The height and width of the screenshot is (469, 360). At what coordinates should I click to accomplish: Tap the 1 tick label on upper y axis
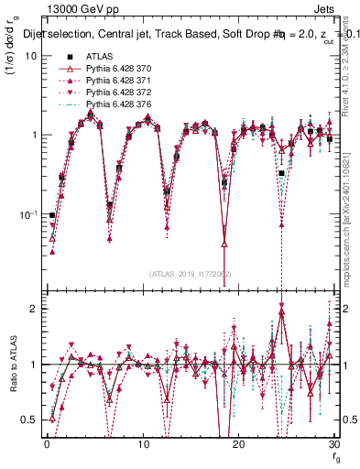[x=33, y=136]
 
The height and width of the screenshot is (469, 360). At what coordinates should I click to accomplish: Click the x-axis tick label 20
[x=238, y=443]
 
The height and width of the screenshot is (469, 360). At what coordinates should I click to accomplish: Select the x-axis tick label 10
[x=142, y=443]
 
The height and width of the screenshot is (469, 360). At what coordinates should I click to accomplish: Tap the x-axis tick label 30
[x=333, y=443]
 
